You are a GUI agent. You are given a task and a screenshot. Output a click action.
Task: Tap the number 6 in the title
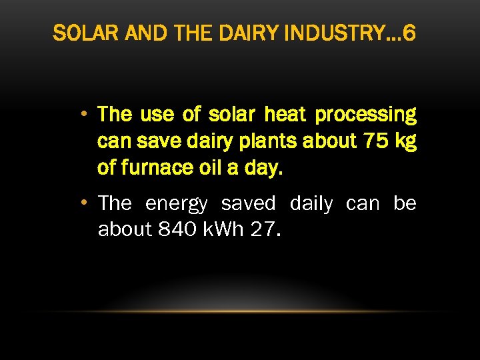coord(409,33)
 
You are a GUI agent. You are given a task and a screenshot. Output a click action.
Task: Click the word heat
coord(285,115)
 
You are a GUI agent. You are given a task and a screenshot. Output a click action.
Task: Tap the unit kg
coord(405,142)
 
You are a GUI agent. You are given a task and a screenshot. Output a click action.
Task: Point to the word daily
coord(311,203)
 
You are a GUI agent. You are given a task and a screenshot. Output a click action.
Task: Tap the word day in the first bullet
coord(265,169)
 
